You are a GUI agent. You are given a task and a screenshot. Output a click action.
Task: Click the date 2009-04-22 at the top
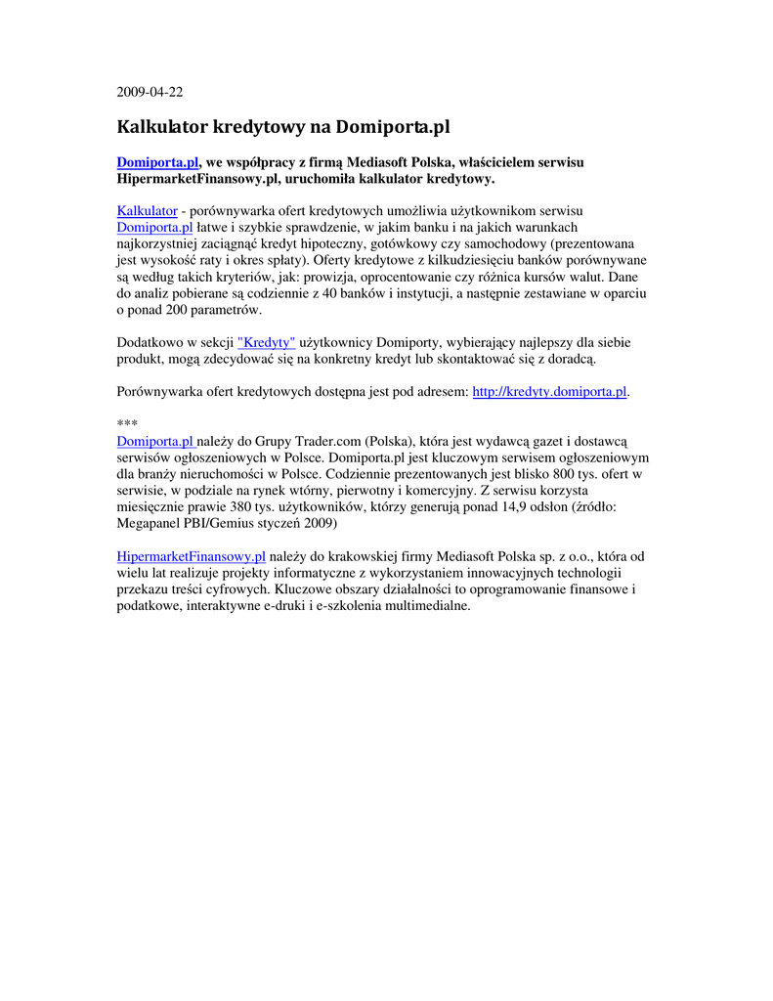(x=150, y=93)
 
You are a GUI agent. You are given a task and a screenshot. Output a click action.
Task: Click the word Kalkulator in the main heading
(x=161, y=127)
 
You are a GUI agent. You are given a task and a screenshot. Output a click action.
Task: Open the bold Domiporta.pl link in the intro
(x=157, y=162)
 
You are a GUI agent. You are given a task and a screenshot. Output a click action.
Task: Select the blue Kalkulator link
(x=147, y=210)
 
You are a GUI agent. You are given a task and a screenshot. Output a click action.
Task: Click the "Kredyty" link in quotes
(x=266, y=343)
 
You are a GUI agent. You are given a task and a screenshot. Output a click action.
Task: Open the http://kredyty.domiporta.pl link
(x=549, y=392)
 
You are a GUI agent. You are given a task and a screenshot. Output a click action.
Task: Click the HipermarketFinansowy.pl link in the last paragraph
(x=191, y=557)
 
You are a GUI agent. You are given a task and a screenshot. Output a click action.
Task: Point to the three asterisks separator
(x=127, y=423)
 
